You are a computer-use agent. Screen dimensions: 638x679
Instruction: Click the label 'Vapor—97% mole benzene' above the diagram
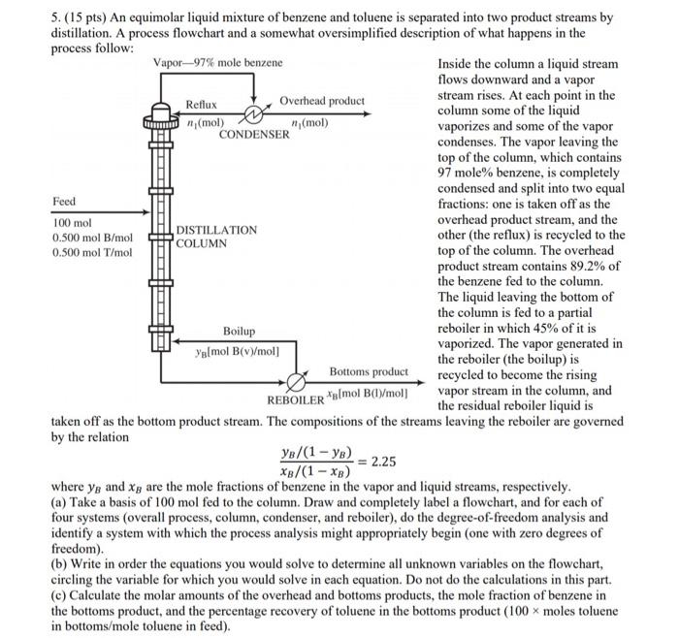218,63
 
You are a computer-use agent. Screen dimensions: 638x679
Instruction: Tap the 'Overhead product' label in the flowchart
322,101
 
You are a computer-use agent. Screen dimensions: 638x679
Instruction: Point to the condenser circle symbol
255,115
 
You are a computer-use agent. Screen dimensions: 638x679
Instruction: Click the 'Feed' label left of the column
64,202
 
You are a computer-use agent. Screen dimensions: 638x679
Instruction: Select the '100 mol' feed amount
72,222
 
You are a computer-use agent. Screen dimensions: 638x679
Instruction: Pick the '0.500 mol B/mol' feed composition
92,237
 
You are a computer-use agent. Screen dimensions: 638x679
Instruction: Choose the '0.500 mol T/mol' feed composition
92,252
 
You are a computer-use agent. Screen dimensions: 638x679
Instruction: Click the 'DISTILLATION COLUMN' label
216,237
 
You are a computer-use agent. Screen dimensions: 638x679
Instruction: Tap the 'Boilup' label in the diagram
241,332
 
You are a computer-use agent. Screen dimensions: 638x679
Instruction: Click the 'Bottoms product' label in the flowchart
369,371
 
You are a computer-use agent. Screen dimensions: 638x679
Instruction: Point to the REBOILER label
295,399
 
